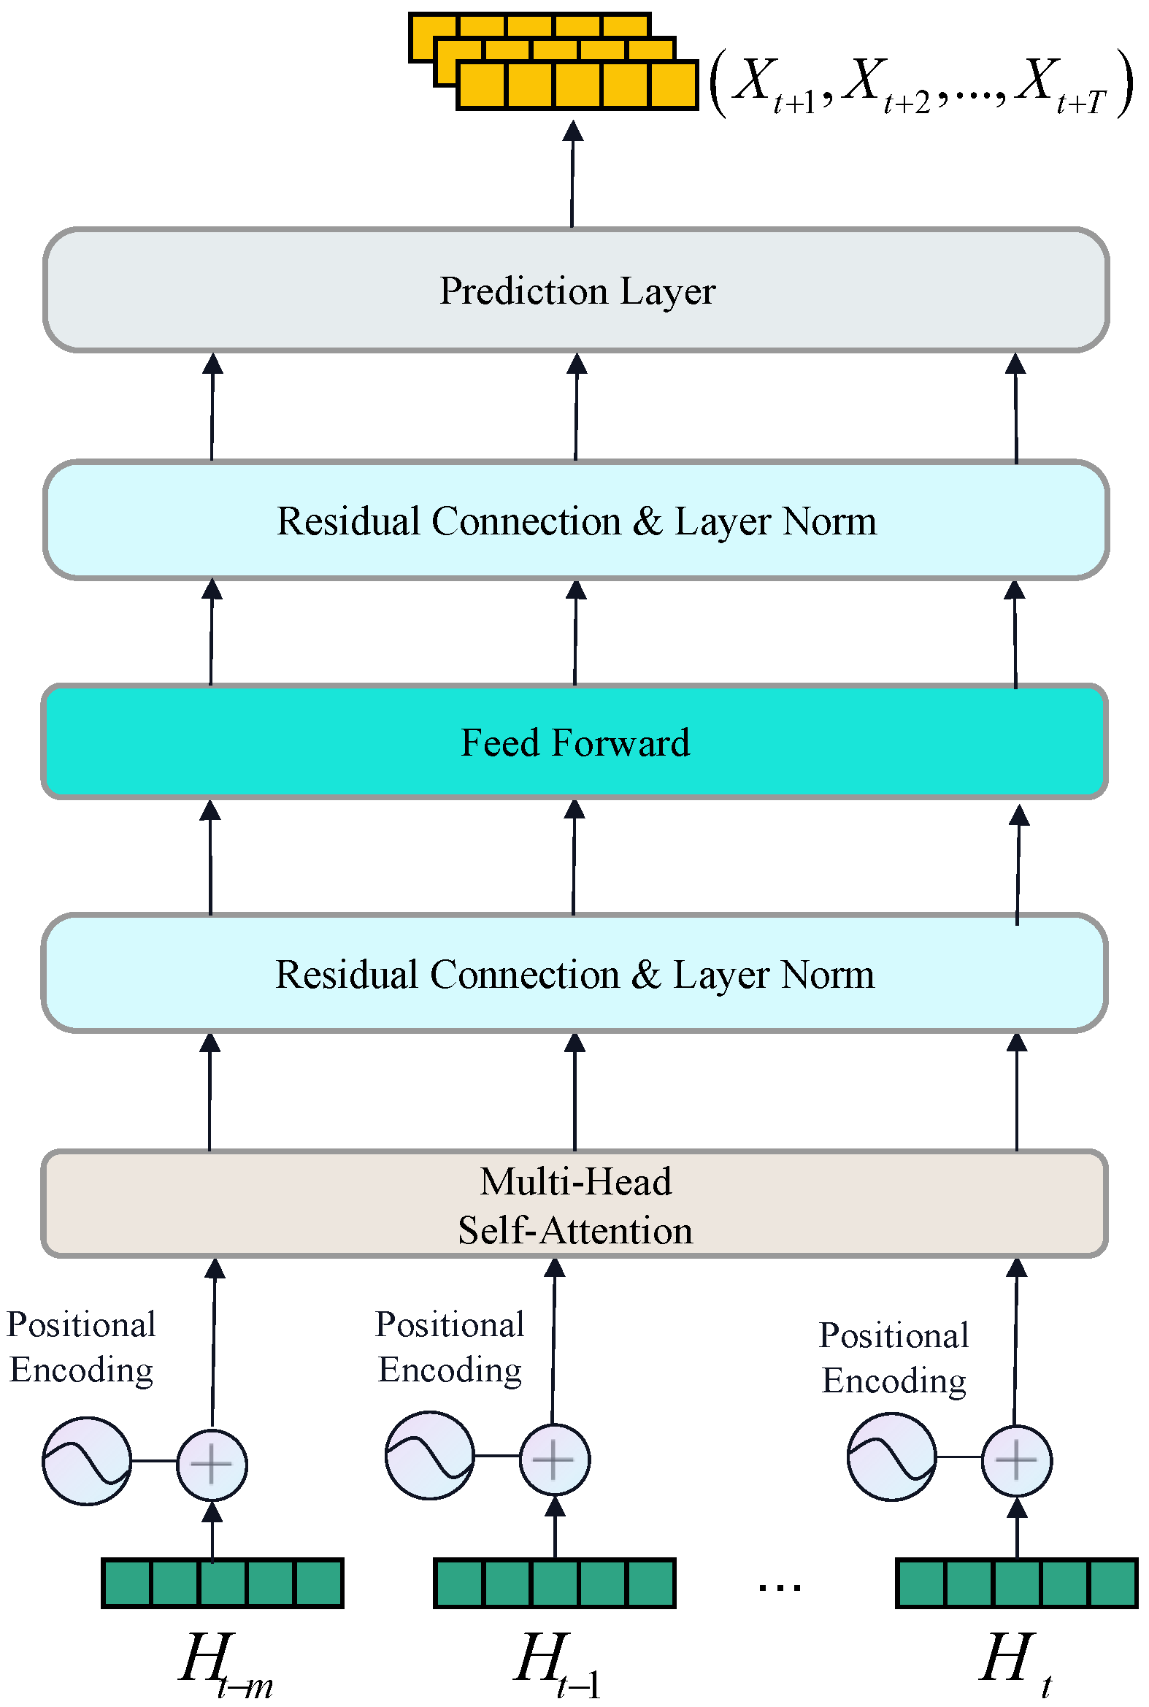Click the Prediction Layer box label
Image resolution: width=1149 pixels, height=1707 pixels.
click(577, 291)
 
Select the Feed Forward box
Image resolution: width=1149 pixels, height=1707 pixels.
click(574, 743)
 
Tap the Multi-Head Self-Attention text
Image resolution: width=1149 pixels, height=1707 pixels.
click(575, 1205)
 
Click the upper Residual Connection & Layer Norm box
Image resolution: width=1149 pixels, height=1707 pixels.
click(576, 521)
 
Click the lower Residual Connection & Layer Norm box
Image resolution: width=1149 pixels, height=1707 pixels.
click(574, 975)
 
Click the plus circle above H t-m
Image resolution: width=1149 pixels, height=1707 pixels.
click(212, 1464)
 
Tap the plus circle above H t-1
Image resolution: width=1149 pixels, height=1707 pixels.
click(555, 1459)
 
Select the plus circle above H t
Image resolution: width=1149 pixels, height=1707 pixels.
click(1016, 1460)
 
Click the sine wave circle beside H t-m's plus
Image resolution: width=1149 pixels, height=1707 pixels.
click(86, 1461)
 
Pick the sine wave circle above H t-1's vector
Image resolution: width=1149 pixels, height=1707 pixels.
click(429, 1455)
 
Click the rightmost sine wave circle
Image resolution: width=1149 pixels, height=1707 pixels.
click(891, 1457)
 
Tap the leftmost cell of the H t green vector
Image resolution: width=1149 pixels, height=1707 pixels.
click(921, 1583)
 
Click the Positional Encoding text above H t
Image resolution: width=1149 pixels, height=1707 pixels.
click(894, 1358)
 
